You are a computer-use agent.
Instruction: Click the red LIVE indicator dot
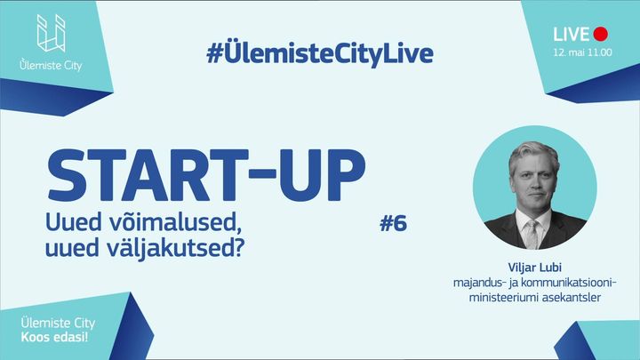coord(600,35)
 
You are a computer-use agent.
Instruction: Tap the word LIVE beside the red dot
coord(571,35)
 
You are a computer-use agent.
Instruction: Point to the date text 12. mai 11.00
coord(582,52)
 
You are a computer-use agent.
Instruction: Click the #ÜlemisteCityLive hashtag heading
coord(320,53)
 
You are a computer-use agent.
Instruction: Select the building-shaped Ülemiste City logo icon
coord(51,33)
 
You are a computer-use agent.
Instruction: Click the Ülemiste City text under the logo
coord(51,65)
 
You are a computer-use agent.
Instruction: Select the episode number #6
coord(394,223)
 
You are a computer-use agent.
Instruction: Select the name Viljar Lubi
coord(535,268)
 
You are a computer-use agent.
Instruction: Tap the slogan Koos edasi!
coord(54,338)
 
